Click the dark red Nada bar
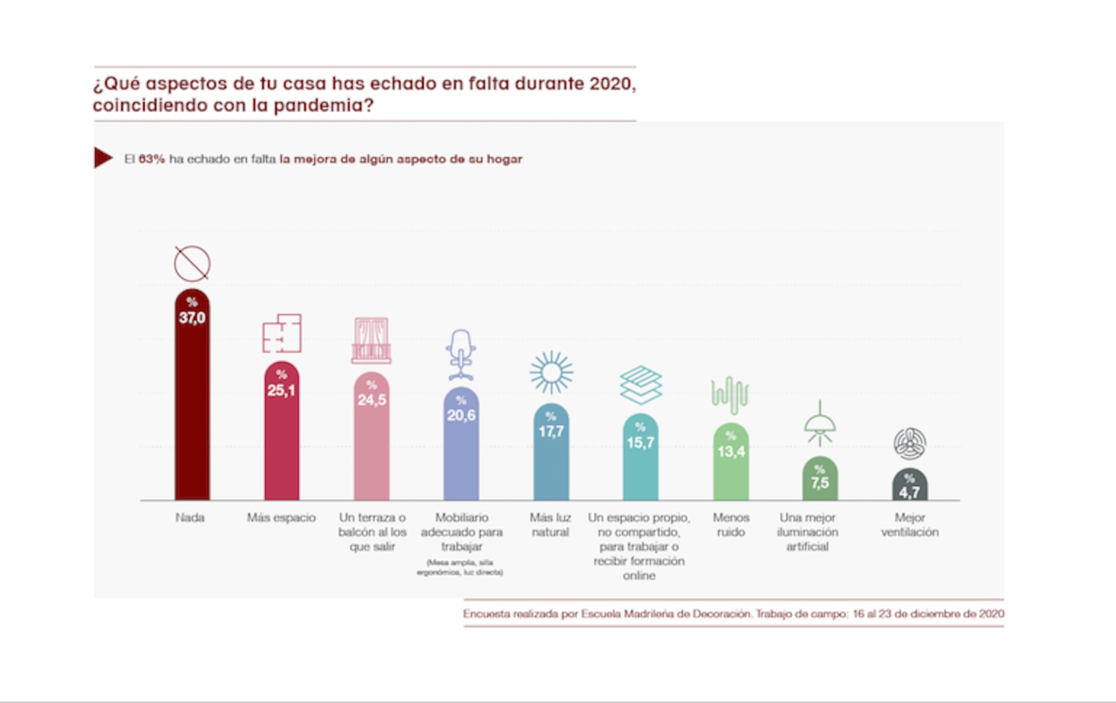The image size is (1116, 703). tap(192, 410)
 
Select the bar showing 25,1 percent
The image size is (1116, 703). tap(281, 438)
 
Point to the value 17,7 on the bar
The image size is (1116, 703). tap(551, 431)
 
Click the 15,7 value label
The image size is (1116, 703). tap(641, 442)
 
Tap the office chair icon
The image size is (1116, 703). tap(461, 355)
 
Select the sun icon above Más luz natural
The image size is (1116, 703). tap(551, 372)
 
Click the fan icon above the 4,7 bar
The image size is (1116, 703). tap(909, 443)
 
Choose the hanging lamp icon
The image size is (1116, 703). tap(819, 424)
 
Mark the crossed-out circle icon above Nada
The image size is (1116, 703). tap(192, 264)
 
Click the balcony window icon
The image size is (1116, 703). tap(371, 340)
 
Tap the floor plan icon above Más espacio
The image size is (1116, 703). tap(282, 334)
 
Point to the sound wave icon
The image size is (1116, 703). tap(729, 394)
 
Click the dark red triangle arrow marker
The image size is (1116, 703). tap(102, 158)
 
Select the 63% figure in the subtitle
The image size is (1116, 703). tap(151, 159)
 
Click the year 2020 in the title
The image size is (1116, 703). tap(612, 84)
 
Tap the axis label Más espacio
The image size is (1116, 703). tap(281, 517)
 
